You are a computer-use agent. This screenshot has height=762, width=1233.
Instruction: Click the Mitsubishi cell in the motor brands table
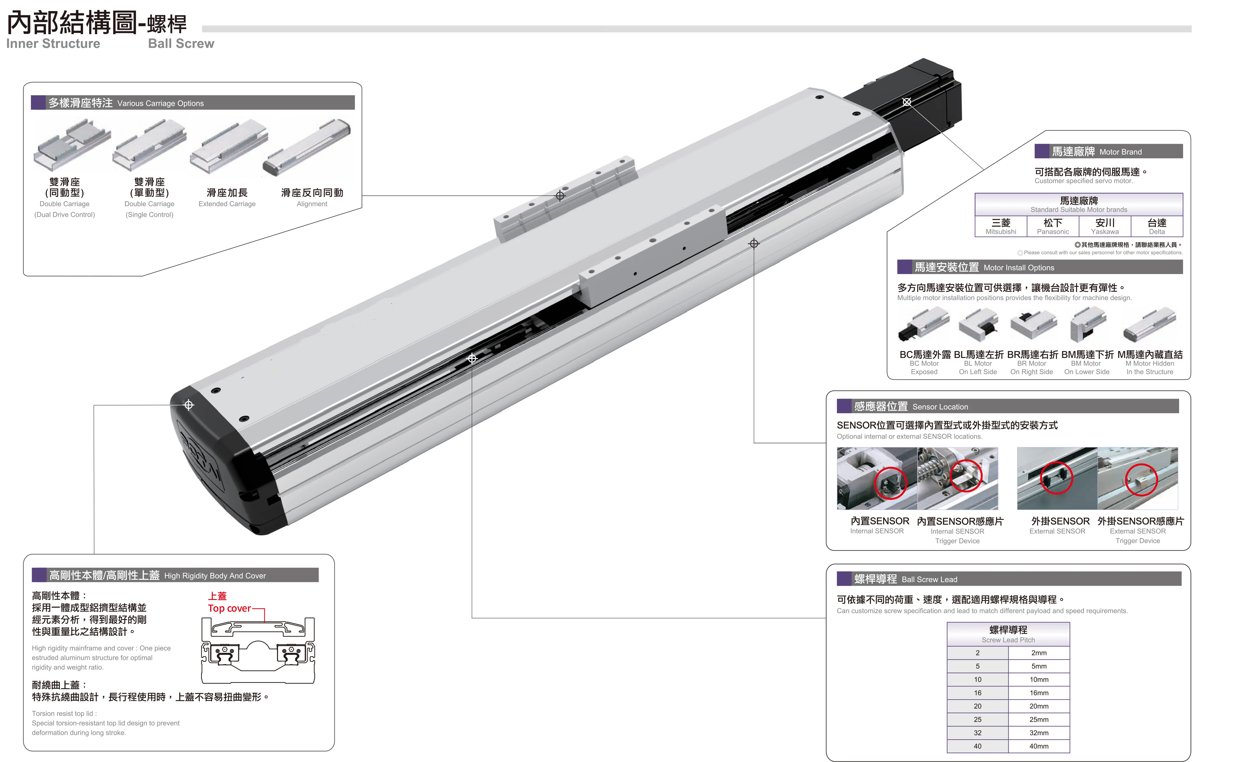tap(1001, 226)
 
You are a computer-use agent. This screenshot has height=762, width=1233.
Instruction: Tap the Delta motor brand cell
tap(1157, 226)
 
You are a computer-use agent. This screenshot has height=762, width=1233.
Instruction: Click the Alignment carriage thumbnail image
tap(307, 147)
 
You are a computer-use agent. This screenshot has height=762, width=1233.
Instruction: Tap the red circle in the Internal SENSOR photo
tap(890, 483)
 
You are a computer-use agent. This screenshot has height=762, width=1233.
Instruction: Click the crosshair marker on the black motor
tap(907, 102)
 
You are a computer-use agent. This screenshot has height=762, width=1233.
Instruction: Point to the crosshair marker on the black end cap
tap(189, 405)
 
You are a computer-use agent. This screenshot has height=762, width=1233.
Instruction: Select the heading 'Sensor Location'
tap(940, 407)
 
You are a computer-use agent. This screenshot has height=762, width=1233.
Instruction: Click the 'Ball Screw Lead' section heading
tap(929, 579)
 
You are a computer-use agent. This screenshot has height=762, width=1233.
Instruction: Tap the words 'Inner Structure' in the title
tap(53, 44)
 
